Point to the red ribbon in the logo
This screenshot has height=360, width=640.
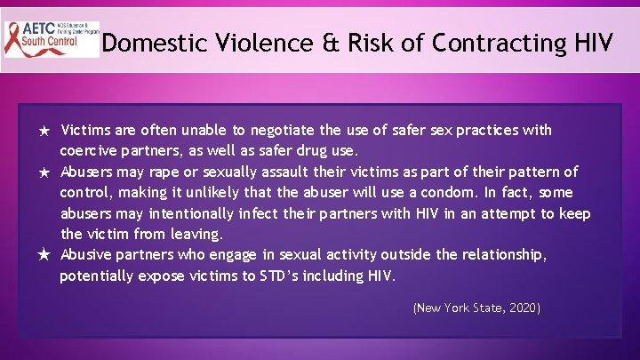coord(18,39)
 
